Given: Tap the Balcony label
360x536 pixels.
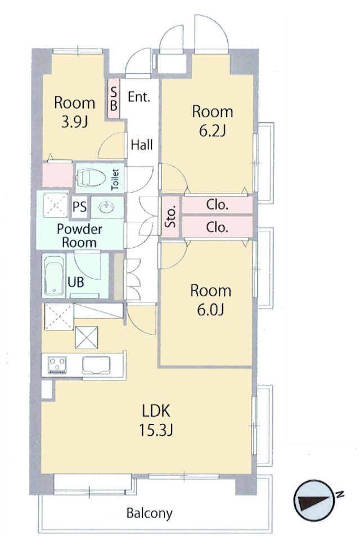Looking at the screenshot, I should [149, 513].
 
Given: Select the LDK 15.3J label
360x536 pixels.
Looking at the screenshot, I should [156, 420].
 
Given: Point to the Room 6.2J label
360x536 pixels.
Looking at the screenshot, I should [212, 120].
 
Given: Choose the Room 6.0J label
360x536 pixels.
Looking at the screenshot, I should [210, 300].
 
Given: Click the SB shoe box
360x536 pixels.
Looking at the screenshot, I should [114, 98].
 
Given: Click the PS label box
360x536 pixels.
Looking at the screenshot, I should [79, 207].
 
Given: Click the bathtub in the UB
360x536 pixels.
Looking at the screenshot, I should [54, 276].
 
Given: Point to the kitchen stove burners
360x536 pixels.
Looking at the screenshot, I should [57, 364].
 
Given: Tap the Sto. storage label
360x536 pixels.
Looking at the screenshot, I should [171, 215].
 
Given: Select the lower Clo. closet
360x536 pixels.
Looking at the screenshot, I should [217, 227].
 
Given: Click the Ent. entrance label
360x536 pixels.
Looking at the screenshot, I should [139, 97].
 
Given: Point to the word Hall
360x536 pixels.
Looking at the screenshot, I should [142, 145].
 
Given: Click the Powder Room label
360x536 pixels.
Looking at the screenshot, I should [79, 236].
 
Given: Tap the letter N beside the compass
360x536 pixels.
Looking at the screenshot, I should [339, 495].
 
